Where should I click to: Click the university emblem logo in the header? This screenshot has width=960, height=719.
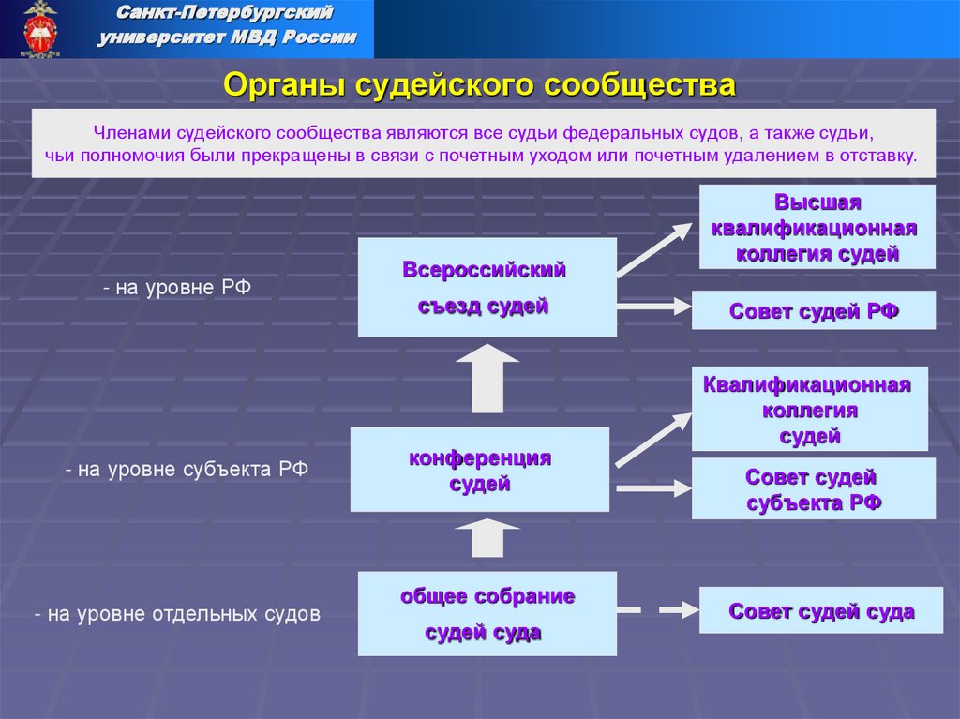40,28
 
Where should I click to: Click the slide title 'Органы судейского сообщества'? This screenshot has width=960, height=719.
480,85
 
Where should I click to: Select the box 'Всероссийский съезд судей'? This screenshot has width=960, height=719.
487,288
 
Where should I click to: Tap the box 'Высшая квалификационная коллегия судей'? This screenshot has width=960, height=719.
817,228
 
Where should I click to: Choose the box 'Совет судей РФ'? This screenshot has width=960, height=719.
813,310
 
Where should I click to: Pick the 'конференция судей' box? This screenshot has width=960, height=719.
479,470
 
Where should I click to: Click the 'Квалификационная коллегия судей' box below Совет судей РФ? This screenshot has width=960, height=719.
809,410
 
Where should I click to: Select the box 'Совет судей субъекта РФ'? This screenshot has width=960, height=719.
813,489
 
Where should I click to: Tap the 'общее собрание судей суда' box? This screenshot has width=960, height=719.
487,613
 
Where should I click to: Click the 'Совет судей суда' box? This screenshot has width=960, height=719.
820,611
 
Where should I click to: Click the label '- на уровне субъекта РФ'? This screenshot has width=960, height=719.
187,469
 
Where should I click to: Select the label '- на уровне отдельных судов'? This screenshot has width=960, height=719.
177,614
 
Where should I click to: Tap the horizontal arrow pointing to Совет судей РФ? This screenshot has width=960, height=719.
653,306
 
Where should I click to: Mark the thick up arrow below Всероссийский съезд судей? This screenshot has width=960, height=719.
487,378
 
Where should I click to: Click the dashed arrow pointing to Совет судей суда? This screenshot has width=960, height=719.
653,610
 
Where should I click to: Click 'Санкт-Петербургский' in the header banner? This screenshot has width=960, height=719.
225,14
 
